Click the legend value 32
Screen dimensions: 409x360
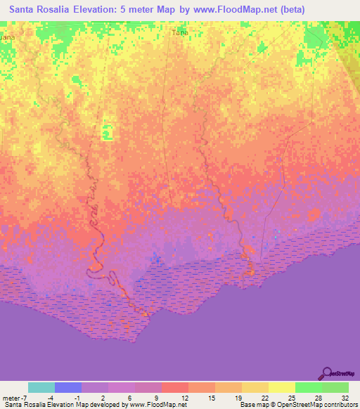click(x=345, y=397)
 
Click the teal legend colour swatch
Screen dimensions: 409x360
click(x=41, y=387)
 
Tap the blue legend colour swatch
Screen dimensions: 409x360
click(x=68, y=387)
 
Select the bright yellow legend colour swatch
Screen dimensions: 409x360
click(x=281, y=387)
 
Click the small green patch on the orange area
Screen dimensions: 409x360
click(x=107, y=131)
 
